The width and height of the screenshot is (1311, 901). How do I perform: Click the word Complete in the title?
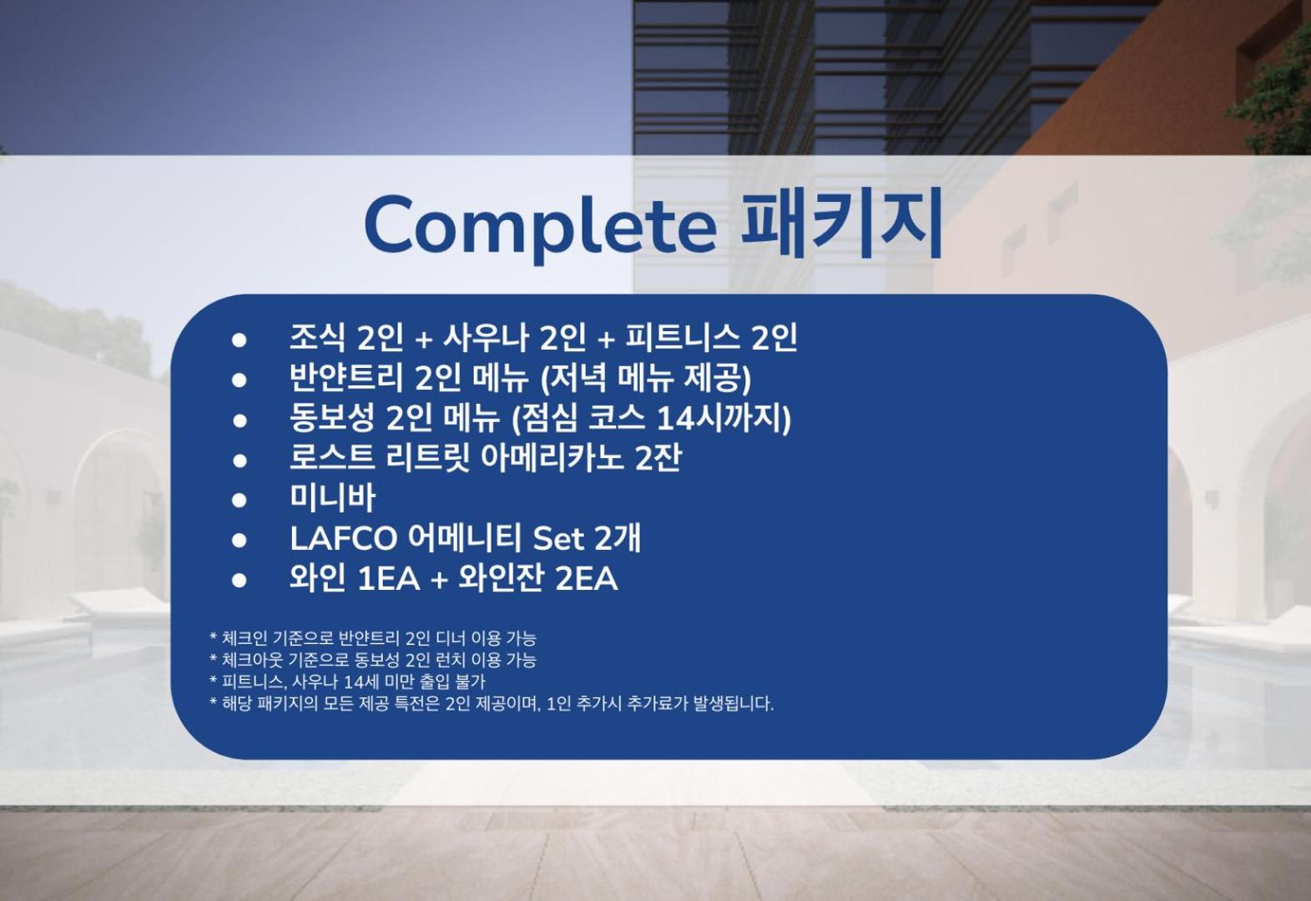coord(540,226)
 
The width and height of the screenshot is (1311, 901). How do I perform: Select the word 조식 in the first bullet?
coord(318,338)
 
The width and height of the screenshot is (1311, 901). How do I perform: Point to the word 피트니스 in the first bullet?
coord(683,338)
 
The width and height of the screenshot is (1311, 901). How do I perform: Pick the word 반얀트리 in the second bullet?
coord(346,378)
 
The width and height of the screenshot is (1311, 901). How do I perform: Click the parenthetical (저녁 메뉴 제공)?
coord(646,379)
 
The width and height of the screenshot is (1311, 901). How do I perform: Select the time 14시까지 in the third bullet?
coord(724,418)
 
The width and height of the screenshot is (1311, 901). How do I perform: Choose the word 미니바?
coord(332,498)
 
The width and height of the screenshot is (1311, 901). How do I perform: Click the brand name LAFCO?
coord(344,538)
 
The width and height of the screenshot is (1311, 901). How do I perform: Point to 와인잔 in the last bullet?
coord(502,578)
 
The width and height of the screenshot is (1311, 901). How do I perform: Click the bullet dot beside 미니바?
coord(239,501)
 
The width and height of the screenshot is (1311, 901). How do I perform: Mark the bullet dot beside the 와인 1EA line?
coord(239,580)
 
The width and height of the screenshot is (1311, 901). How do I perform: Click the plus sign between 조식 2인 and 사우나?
coord(423,340)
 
